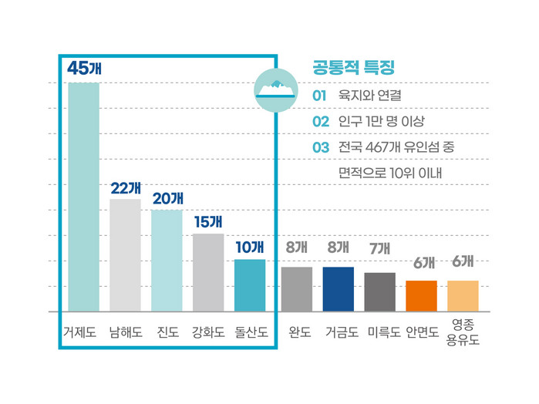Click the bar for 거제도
tap(83, 197)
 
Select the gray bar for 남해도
tap(125, 254)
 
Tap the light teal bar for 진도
tap(167, 260)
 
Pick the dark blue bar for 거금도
tap(338, 289)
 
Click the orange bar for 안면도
tap(421, 296)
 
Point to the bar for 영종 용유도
tap(463, 296)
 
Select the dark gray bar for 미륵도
tap(379, 291)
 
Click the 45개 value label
tap(84, 68)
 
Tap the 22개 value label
tap(125, 187)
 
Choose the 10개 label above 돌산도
tap(249, 247)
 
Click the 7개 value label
tap(379, 248)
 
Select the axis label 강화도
tap(208, 333)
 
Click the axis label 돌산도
tap(251, 333)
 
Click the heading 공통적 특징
tap(349, 67)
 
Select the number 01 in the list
tap(320, 96)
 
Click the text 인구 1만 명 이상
tap(382, 122)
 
